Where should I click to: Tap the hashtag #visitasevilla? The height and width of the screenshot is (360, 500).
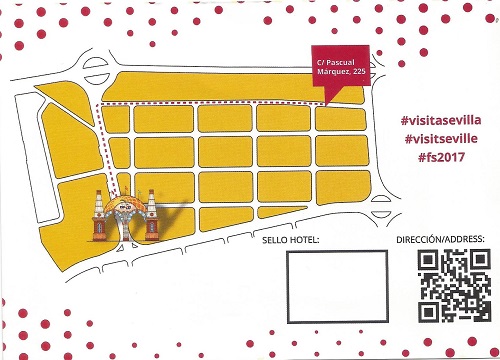click(441, 120)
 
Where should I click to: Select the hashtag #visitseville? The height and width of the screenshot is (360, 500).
click(440, 140)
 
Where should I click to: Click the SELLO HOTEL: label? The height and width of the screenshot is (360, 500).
click(290, 241)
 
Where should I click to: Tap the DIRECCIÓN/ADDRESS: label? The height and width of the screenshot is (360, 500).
click(440, 240)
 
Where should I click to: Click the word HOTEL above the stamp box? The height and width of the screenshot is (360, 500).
click(302, 241)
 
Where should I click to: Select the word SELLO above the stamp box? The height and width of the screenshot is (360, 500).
click(274, 241)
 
